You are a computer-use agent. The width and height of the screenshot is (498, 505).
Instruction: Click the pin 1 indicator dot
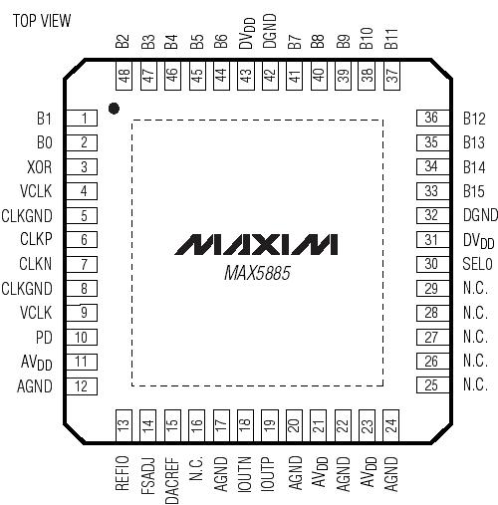pyautogui.click(x=116, y=107)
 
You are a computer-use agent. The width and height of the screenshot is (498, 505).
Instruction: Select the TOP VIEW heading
pyautogui.click(x=42, y=21)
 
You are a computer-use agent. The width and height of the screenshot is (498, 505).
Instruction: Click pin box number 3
pyautogui.click(x=84, y=167)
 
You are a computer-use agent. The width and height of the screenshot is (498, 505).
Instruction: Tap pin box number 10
pyautogui.click(x=84, y=337)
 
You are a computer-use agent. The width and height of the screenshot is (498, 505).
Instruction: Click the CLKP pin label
pyautogui.click(x=38, y=240)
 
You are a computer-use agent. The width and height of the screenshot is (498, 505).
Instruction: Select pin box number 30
pyautogui.click(x=430, y=264)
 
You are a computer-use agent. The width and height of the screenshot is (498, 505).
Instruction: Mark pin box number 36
pyautogui.click(x=430, y=118)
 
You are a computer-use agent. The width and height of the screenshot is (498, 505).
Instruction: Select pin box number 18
pyautogui.click(x=244, y=425)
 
